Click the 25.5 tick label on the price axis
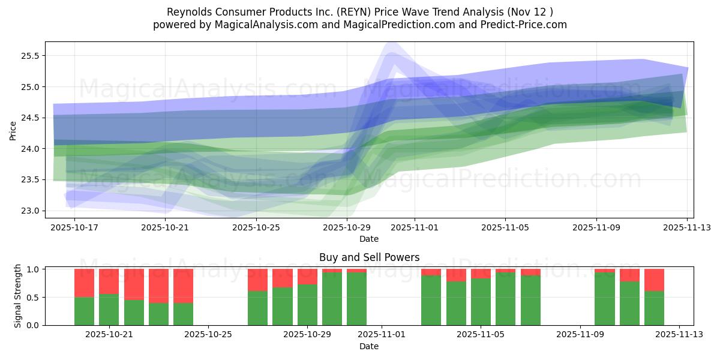point(29,56)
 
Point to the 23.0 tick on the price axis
point(29,211)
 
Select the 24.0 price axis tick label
point(29,149)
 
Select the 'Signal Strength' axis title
point(18,296)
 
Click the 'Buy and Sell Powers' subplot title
point(369,257)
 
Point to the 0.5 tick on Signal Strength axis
point(33,297)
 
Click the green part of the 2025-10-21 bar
point(109,310)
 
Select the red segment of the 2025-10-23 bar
point(158,286)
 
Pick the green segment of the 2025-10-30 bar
point(332,299)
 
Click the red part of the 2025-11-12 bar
point(654,280)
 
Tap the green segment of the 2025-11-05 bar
point(481,302)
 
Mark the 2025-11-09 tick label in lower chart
point(580,334)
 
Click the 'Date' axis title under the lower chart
point(369,346)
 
